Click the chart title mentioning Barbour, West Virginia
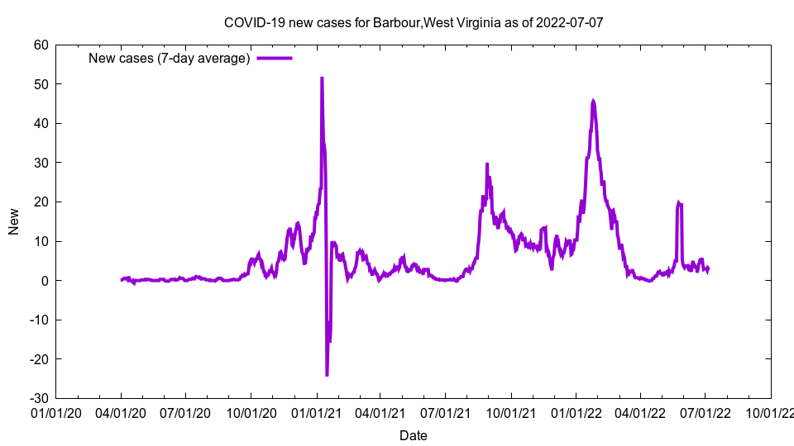(414, 22)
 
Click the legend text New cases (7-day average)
(169, 58)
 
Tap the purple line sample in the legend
(275, 58)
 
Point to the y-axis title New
(14, 221)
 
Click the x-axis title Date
(414, 435)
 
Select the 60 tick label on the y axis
(41, 45)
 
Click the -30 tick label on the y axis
(38, 398)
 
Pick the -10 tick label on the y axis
(38, 320)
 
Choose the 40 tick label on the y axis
(41, 123)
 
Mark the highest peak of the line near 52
(322, 78)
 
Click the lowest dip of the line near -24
(327, 375)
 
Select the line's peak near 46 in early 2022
(593, 101)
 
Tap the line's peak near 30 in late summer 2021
(487, 164)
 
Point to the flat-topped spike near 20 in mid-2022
(679, 202)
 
